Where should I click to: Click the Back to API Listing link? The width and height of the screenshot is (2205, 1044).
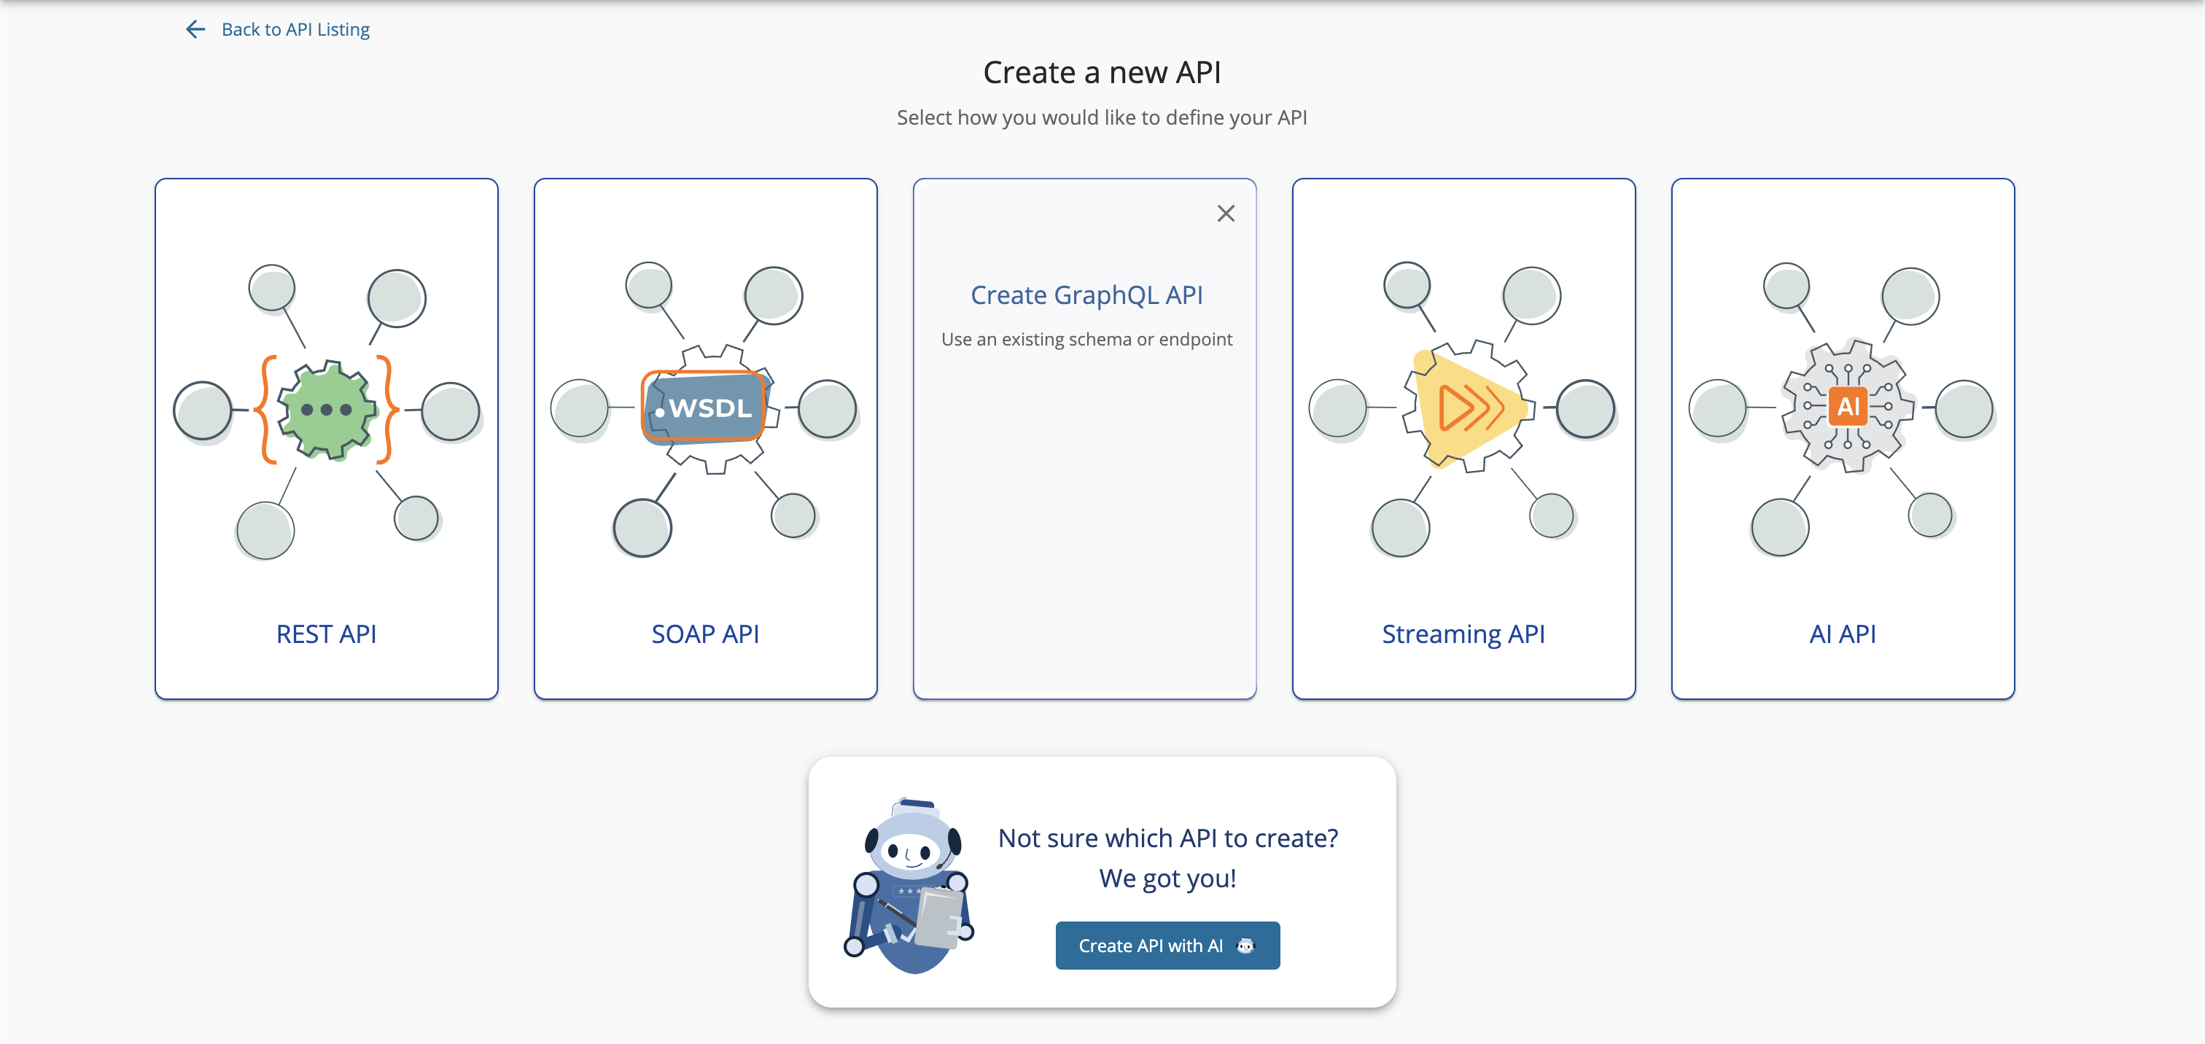295,30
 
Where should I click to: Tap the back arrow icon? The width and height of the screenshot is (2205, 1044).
195,30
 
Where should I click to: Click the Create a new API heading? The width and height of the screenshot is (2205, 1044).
1102,73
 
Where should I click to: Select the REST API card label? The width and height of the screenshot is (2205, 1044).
326,634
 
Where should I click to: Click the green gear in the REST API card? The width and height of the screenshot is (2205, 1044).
326,410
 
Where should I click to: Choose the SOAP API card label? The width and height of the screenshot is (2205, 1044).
705,634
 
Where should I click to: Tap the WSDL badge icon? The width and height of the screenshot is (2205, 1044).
704,408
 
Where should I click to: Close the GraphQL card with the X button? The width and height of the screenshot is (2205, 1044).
1226,213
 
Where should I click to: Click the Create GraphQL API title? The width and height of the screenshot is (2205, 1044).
1086,295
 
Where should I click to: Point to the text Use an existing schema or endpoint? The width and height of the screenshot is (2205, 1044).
1086,340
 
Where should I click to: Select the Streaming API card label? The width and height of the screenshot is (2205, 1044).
1463,634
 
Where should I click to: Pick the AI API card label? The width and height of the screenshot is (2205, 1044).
1842,634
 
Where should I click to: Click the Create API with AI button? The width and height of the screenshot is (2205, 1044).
1167,946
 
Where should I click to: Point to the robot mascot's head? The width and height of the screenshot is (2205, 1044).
911,844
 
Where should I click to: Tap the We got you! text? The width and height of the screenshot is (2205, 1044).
1167,879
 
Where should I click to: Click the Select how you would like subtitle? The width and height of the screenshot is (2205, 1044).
1102,118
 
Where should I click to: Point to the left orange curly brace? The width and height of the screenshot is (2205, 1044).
267,410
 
